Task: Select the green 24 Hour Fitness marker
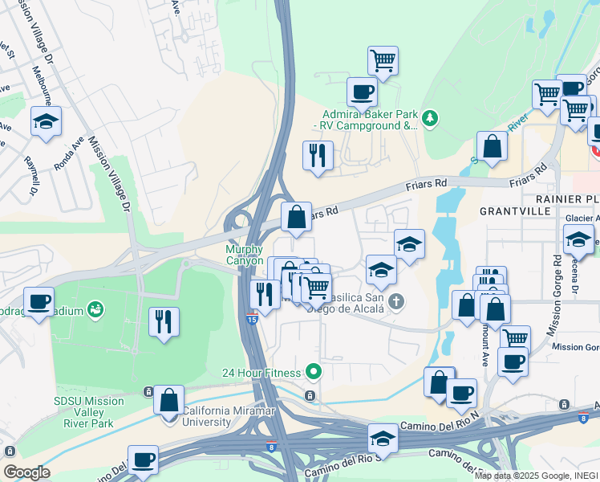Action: click(314, 372)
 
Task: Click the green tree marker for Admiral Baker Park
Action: click(431, 119)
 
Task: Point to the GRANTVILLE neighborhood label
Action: click(515, 210)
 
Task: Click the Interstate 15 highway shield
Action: click(251, 319)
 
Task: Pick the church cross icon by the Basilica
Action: click(395, 302)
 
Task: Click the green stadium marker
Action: click(96, 308)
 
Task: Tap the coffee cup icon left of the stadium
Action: click(39, 300)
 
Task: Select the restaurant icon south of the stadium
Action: click(164, 321)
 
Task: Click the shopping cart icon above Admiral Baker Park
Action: click(383, 59)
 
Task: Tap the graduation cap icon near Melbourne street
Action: click(46, 121)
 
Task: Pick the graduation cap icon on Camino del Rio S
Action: click(383, 438)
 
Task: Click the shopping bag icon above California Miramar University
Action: click(168, 399)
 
